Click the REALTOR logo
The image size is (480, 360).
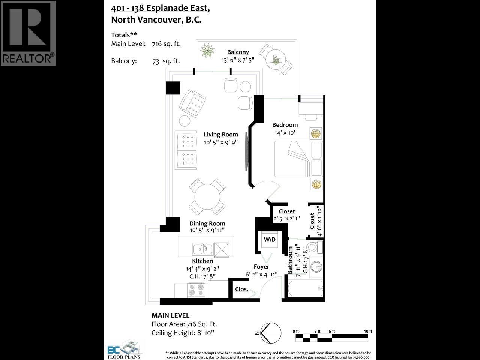point(28,33)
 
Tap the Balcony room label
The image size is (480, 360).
point(238,52)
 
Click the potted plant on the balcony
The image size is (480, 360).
point(207,51)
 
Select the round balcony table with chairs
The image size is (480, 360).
point(276,59)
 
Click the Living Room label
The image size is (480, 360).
point(220,135)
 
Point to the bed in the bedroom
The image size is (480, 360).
point(298,159)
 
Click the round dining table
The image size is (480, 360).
point(207,195)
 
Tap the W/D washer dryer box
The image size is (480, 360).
point(270,239)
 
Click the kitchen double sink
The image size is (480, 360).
point(202,249)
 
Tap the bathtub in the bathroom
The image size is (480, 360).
point(304,289)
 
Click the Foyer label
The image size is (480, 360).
point(261,267)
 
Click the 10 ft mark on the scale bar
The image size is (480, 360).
point(368,331)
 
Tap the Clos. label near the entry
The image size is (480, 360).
point(241,289)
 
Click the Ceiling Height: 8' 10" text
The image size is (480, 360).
point(184,333)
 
